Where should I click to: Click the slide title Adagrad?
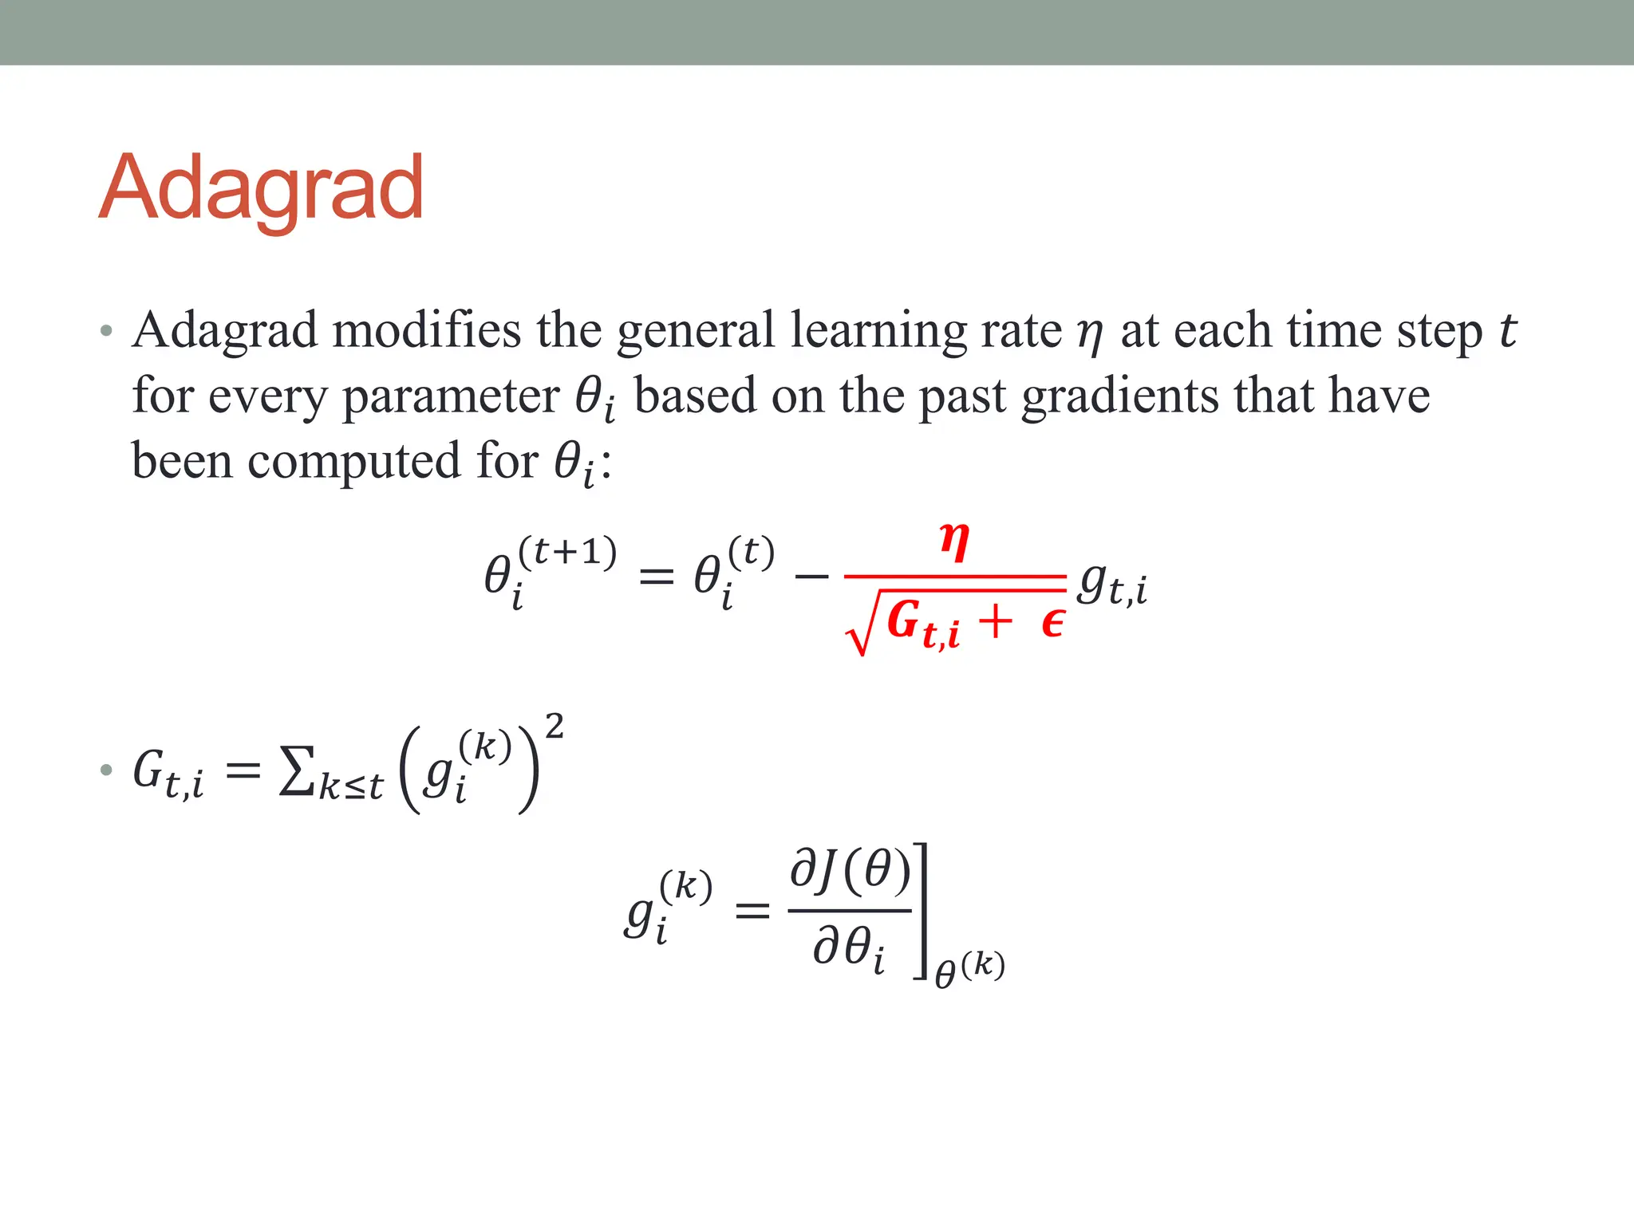[261, 189]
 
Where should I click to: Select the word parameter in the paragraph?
[451, 396]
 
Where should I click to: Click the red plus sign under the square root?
[995, 620]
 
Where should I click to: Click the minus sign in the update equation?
[812, 575]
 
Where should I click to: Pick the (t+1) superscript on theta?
[567, 551]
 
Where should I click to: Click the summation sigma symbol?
[297, 771]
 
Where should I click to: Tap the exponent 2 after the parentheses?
[554, 727]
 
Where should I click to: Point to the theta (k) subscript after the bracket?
[969, 969]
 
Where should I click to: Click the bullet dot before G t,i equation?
[106, 770]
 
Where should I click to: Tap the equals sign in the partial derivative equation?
[752, 911]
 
